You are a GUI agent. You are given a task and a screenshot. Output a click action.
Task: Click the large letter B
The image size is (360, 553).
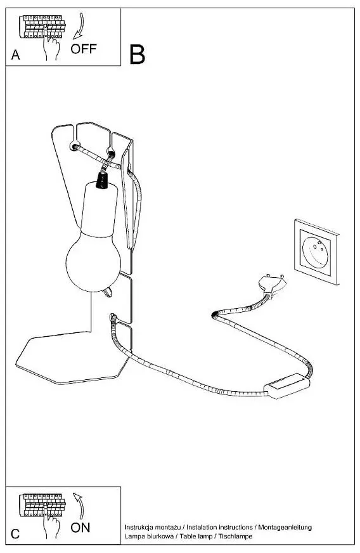coord(137,55)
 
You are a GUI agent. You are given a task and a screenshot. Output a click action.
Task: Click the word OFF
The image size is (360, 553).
coord(84,49)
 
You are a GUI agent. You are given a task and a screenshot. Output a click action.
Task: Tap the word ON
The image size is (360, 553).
coord(80,528)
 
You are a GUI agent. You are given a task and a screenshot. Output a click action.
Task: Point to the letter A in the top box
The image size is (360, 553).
coord(15,55)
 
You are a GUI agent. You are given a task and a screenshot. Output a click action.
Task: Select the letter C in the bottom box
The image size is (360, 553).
coord(15,533)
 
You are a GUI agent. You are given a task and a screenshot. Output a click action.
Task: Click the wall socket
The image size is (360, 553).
coord(316,252)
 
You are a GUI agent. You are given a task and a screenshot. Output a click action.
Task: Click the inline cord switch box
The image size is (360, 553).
coord(286,386)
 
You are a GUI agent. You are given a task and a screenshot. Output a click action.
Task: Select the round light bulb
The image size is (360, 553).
coord(93,261)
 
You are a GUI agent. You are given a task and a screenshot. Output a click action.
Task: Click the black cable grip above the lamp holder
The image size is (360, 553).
coord(102,181)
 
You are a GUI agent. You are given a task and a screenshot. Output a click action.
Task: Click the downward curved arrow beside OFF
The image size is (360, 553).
coord(79,26)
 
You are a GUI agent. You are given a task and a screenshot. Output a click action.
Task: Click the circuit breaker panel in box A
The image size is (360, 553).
coord(42,27)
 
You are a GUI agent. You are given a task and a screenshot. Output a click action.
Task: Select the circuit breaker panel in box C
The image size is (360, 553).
coord(42,505)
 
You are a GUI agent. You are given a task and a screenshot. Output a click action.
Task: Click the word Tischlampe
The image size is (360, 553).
coord(236,536)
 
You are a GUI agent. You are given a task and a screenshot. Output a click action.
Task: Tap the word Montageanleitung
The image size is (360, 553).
coord(285,527)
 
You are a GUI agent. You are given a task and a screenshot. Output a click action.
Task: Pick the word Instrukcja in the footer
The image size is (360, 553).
coord(139,527)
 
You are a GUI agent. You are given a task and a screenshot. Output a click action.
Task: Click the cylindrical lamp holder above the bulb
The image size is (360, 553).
coord(100,209)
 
